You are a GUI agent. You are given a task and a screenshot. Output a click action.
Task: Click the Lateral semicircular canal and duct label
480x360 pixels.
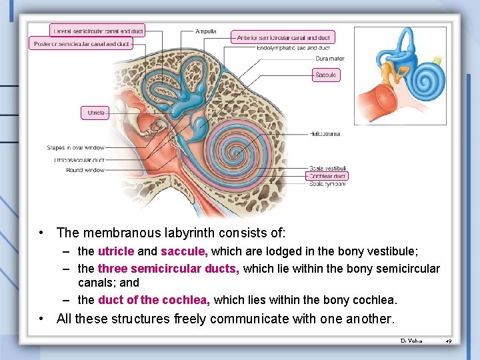click(97, 31)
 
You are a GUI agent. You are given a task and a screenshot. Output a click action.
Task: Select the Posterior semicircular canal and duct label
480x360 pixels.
click(81, 44)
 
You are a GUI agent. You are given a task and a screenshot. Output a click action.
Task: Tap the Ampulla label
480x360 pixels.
click(205, 31)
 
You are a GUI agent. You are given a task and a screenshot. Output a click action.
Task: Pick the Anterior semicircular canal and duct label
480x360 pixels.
click(283, 37)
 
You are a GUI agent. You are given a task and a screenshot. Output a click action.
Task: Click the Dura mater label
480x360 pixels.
click(329, 58)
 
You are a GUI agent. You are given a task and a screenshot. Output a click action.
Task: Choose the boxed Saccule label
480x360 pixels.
click(326, 75)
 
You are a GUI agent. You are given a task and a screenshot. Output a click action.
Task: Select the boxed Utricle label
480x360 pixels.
click(95, 113)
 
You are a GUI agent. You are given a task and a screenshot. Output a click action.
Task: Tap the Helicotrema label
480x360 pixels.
click(325, 134)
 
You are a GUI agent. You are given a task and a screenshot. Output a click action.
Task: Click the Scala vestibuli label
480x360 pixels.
click(327, 169)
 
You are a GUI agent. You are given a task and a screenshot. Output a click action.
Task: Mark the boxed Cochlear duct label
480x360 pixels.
click(327, 176)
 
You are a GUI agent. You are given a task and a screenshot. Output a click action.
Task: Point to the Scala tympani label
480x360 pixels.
click(327, 183)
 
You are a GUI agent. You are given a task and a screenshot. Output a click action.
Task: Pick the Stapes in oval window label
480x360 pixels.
click(75, 147)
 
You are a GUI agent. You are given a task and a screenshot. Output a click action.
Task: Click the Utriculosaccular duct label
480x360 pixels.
click(79, 160)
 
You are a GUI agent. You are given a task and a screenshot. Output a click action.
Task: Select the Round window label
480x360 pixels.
click(85, 170)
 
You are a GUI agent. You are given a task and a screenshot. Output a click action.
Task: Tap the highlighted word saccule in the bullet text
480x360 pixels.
click(184, 251)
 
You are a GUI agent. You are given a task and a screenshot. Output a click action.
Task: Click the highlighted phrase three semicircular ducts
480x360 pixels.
click(169, 269)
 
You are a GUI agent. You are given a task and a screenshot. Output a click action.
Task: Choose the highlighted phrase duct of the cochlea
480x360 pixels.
click(154, 300)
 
